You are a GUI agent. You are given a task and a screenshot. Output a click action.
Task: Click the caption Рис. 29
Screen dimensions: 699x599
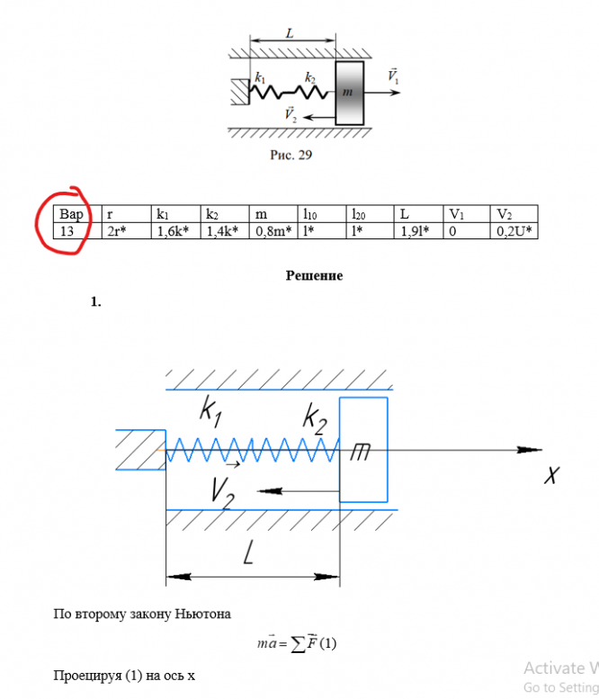coord(291,155)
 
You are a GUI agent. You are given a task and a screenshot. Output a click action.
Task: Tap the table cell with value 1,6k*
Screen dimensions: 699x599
coord(172,231)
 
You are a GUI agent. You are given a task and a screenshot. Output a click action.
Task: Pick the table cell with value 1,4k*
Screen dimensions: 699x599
coord(221,231)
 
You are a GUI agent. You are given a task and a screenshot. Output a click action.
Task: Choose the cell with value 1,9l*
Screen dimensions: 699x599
coord(416,231)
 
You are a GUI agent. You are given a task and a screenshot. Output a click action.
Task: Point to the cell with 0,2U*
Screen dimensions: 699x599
coord(514,231)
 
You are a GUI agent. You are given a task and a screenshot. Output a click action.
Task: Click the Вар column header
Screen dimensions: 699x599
coord(71,215)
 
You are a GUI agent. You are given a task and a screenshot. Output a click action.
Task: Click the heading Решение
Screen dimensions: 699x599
coord(314,275)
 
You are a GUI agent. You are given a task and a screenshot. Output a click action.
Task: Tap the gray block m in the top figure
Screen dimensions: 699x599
coord(349,93)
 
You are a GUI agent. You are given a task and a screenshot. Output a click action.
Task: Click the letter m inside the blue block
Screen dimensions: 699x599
coord(362,453)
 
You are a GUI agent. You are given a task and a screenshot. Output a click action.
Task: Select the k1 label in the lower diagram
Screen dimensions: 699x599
coord(210,413)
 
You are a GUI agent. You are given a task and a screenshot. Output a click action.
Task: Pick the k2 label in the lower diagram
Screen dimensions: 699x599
coord(314,417)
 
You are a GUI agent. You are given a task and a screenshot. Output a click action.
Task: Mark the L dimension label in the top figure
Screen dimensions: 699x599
coord(290,32)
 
